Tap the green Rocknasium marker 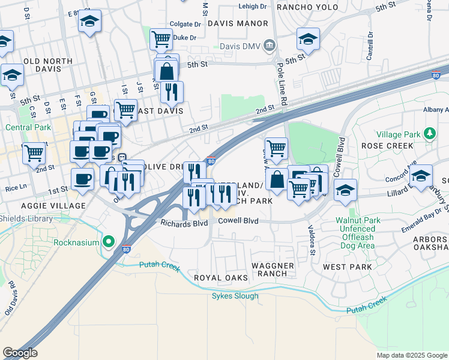(x=109, y=242)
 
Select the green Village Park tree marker (x=429, y=133)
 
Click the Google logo (x=20, y=353)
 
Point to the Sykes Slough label (x=235, y=296)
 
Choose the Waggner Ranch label (x=273, y=269)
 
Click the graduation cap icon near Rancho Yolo (x=308, y=40)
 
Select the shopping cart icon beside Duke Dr (x=161, y=40)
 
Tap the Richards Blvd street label (x=183, y=223)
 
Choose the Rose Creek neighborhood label (x=387, y=146)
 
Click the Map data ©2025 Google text (x=412, y=355)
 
